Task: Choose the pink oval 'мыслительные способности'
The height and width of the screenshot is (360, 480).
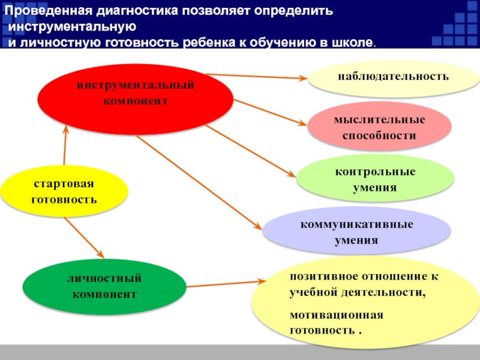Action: [379, 127]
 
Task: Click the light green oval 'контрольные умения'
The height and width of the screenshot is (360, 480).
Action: [375, 179]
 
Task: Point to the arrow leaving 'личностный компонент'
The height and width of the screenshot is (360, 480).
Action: [225, 283]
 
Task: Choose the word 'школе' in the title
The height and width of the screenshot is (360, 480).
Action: [354, 44]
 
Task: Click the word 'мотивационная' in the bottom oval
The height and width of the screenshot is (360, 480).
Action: [328, 315]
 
